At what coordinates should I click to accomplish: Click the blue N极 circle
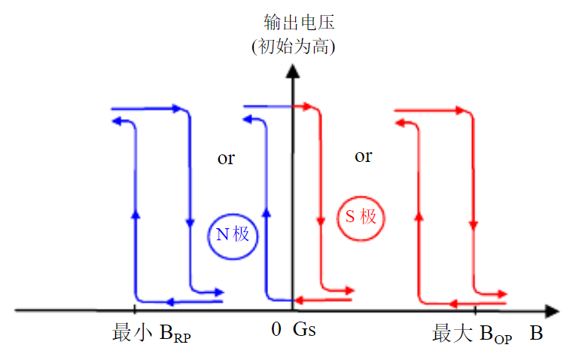point(233,234)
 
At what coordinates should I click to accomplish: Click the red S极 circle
point(361,218)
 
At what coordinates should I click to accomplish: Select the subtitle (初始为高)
point(294,47)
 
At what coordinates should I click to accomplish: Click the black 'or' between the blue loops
point(226,158)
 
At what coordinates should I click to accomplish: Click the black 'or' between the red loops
point(363,156)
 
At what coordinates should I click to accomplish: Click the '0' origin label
point(276,330)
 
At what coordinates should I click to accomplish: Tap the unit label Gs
point(304,330)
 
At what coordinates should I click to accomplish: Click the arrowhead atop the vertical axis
point(292,72)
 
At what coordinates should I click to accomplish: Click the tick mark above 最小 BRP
point(134,309)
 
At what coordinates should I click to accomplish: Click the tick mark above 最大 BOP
point(475,309)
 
